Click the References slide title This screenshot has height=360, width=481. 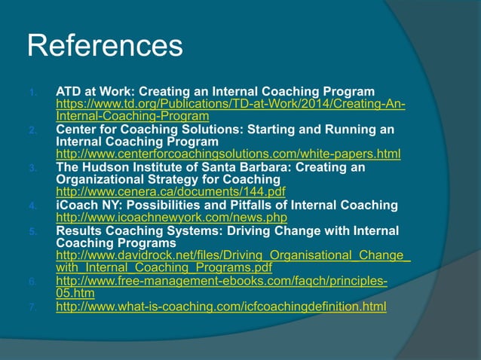[105, 46]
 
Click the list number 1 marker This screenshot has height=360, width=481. [32, 93]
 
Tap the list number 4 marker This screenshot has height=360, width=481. [32, 206]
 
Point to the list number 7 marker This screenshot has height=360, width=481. [32, 307]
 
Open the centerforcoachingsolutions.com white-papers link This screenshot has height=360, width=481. [228, 154]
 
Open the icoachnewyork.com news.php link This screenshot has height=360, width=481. [171, 218]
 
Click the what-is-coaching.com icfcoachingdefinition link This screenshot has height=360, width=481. [221, 307]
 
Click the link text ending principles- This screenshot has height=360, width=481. [222, 282]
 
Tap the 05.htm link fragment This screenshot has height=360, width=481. [75, 294]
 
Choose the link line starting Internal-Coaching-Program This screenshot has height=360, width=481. [133, 117]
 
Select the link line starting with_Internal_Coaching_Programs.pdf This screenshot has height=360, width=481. [164, 268]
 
